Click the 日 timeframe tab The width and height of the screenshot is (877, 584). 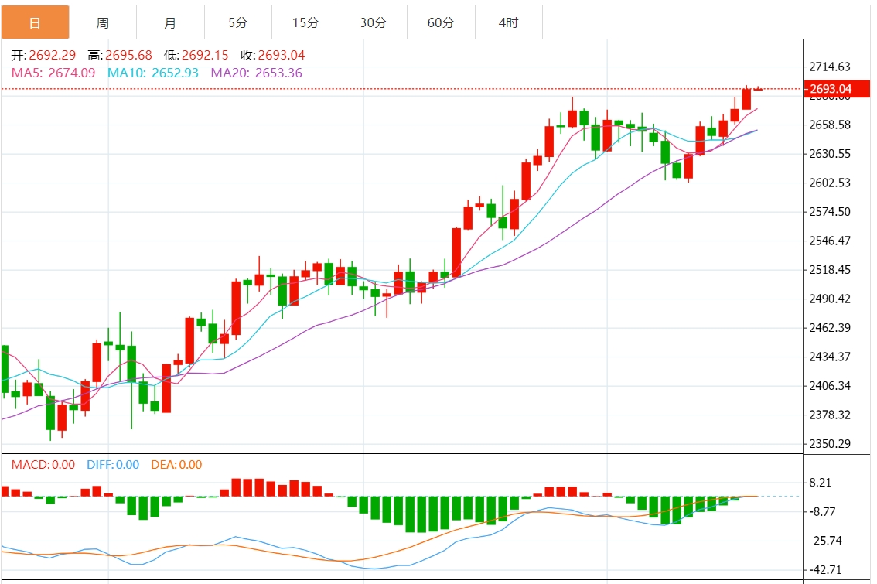pyautogui.click(x=35, y=22)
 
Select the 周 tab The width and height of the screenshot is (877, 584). pyautogui.click(x=102, y=22)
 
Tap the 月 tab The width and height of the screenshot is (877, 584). pyautogui.click(x=170, y=22)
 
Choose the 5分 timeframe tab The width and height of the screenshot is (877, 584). pyautogui.click(x=238, y=22)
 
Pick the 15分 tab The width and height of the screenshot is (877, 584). pyautogui.click(x=305, y=22)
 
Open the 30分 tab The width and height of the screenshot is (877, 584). pyautogui.click(x=374, y=22)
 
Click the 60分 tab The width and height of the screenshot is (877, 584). pyautogui.click(x=441, y=22)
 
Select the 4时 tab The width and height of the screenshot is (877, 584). pyautogui.click(x=508, y=22)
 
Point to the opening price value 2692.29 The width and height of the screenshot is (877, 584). pyautogui.click(x=53, y=56)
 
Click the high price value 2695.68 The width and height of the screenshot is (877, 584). pyautogui.click(x=129, y=56)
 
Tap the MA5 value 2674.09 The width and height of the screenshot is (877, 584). pyautogui.click(x=72, y=73)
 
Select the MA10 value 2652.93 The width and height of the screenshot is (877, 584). pyautogui.click(x=175, y=73)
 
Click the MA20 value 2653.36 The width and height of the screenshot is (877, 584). pyautogui.click(x=278, y=73)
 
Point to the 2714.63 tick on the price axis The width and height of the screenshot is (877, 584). pyautogui.click(x=829, y=67)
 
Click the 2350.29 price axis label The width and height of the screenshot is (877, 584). pyautogui.click(x=829, y=443)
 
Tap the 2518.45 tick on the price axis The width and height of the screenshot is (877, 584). pyautogui.click(x=829, y=269)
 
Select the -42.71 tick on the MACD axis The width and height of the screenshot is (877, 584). pyautogui.click(x=826, y=569)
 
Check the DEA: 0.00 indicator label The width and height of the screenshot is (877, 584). pyautogui.click(x=176, y=465)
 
